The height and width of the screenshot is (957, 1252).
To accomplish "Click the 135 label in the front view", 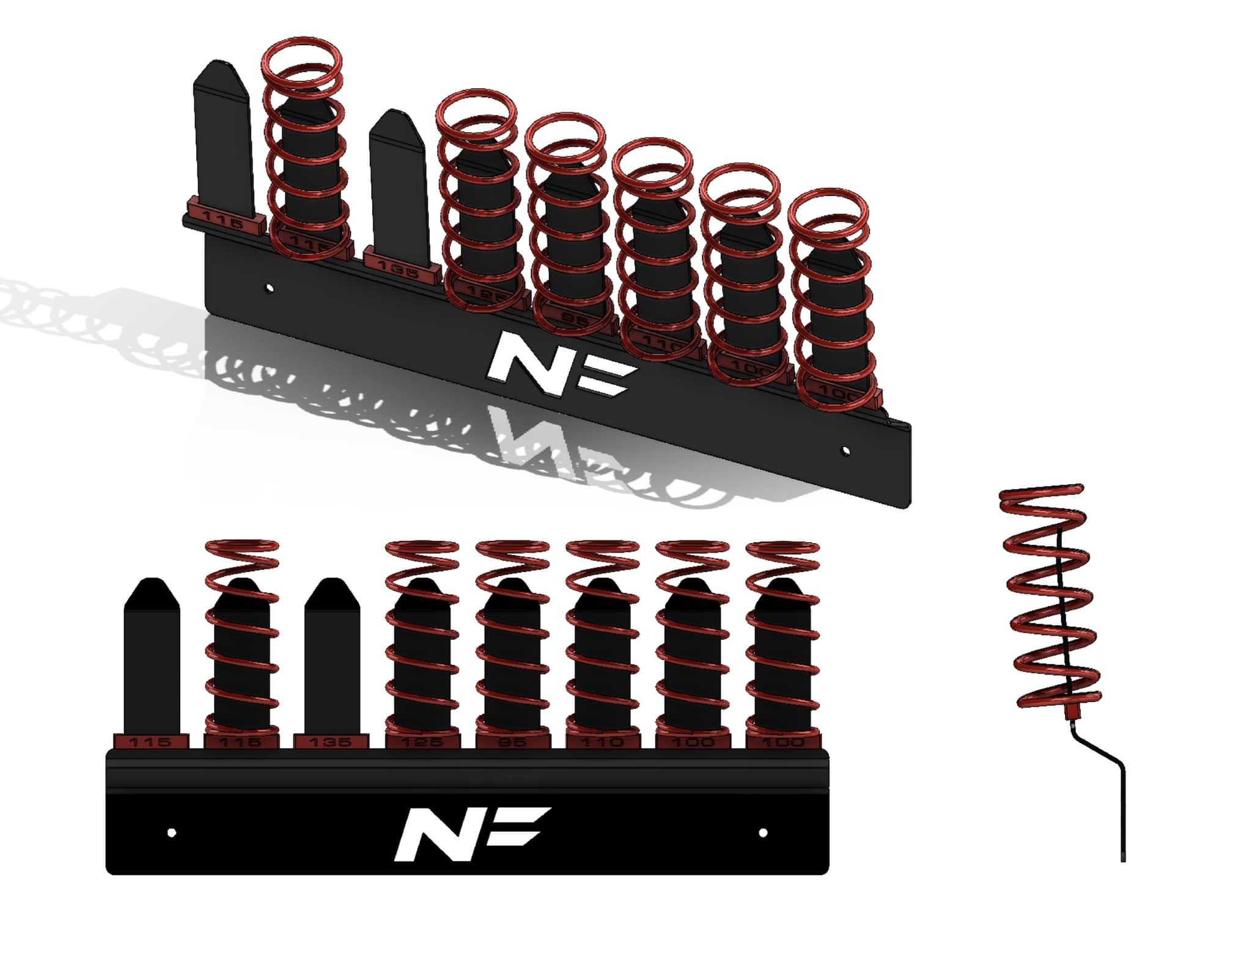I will pyautogui.click(x=331, y=742).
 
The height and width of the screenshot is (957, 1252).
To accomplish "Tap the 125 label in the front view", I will pyautogui.click(x=421, y=742).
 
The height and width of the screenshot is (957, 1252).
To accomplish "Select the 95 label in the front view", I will pyautogui.click(x=512, y=742).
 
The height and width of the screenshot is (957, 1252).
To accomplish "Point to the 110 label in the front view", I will pyautogui.click(x=602, y=742).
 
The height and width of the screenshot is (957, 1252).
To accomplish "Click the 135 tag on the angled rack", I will pyautogui.click(x=398, y=268).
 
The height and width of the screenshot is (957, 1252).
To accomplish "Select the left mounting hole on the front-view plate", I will pyautogui.click(x=172, y=833).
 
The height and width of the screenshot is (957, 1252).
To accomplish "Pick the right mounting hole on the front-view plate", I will pyautogui.click(x=763, y=833).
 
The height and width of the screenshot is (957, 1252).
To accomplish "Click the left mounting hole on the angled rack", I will pyautogui.click(x=270, y=287).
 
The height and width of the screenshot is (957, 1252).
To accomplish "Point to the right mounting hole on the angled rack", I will pyautogui.click(x=845, y=451).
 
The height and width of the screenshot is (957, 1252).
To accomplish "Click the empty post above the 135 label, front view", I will pyautogui.click(x=332, y=660).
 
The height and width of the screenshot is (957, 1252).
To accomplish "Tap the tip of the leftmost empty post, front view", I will pyautogui.click(x=152, y=584).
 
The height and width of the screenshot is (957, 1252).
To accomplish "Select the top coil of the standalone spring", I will pyautogui.click(x=1042, y=492).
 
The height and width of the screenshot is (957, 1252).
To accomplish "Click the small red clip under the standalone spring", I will pyautogui.click(x=1070, y=712).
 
